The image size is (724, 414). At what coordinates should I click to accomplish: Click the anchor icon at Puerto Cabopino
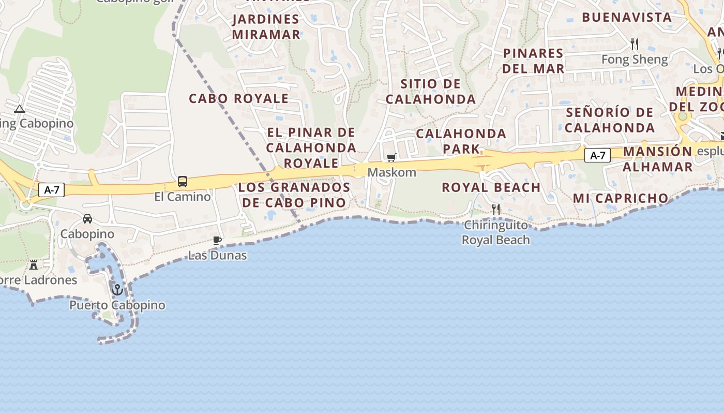pos(117,290)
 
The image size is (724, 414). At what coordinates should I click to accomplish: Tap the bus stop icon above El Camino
pos(183,182)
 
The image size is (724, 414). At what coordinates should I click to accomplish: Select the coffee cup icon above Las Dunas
pos(217,240)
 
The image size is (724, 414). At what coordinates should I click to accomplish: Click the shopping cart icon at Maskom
pos(391,157)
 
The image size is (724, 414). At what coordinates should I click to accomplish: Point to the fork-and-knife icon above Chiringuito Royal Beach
pos(496,209)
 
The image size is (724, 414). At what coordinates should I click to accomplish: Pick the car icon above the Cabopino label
pos(87,219)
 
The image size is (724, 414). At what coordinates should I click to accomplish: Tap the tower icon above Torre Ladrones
pos(34,265)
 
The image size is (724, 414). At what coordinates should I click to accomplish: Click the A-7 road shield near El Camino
pos(52,190)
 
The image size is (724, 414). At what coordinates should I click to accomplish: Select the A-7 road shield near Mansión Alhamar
pos(597,155)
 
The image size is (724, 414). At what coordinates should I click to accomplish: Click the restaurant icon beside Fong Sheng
pos(635,44)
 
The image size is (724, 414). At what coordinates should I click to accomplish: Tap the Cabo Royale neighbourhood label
pos(238,98)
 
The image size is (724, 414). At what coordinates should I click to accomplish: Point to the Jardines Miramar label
pos(266,27)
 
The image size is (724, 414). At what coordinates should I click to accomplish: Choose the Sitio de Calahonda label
pos(431,91)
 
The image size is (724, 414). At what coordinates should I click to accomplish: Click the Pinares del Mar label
pos(533,61)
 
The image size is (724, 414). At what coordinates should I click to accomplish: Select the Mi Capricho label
pos(621,198)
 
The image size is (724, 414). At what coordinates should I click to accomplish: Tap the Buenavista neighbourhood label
pos(627,17)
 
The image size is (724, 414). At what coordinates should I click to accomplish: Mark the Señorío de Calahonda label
pos(610,120)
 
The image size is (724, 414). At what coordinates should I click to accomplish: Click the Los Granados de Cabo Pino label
pos(294,195)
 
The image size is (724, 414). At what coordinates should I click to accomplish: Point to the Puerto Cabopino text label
pos(117,305)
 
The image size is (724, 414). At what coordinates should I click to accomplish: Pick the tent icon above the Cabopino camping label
pos(20,109)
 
